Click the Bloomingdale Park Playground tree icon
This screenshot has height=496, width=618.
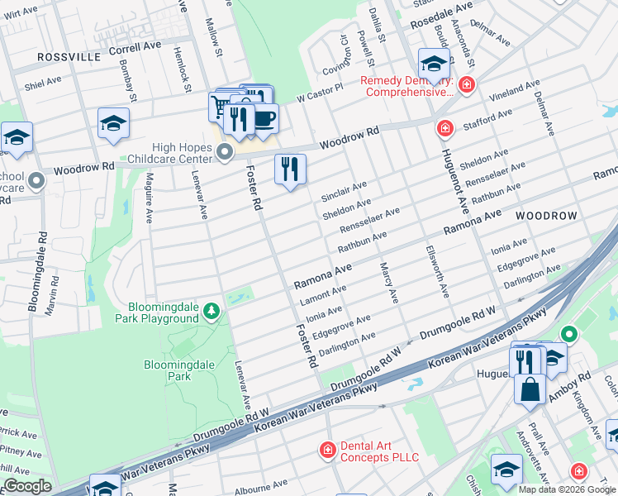212,310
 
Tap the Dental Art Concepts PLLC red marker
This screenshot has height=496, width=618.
328,449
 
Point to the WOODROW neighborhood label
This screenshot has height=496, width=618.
546,215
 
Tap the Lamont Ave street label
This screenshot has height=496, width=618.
323,292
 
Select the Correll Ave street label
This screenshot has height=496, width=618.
135,49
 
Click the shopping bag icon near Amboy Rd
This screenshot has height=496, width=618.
530,388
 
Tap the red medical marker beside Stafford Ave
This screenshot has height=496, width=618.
444,128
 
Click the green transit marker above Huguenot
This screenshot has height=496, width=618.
568,334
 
